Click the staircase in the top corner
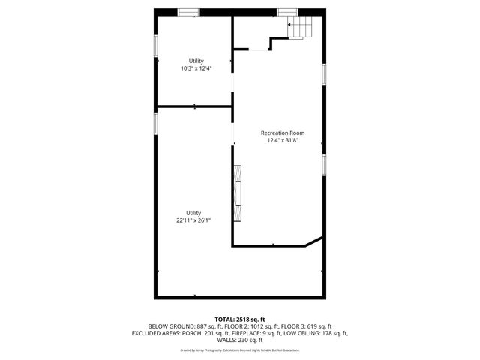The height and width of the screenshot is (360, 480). click(x=301, y=28)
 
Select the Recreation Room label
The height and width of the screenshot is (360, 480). click(x=282, y=133)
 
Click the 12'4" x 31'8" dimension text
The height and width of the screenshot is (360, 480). click(x=282, y=140)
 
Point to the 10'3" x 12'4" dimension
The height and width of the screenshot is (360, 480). click(x=196, y=68)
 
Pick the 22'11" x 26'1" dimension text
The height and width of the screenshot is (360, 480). click(x=193, y=220)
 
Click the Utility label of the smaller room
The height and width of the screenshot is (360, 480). click(x=196, y=61)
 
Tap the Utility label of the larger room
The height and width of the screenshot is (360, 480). click(x=193, y=213)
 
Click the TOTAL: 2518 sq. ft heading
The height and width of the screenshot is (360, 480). click(x=240, y=319)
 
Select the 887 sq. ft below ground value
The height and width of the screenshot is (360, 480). click(x=209, y=326)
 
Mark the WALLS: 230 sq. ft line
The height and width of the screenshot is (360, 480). click(x=240, y=340)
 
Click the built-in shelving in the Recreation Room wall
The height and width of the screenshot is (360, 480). click(x=238, y=193)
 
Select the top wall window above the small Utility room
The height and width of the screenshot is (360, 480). click(x=189, y=11)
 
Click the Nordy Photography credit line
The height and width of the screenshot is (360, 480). click(x=240, y=349)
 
